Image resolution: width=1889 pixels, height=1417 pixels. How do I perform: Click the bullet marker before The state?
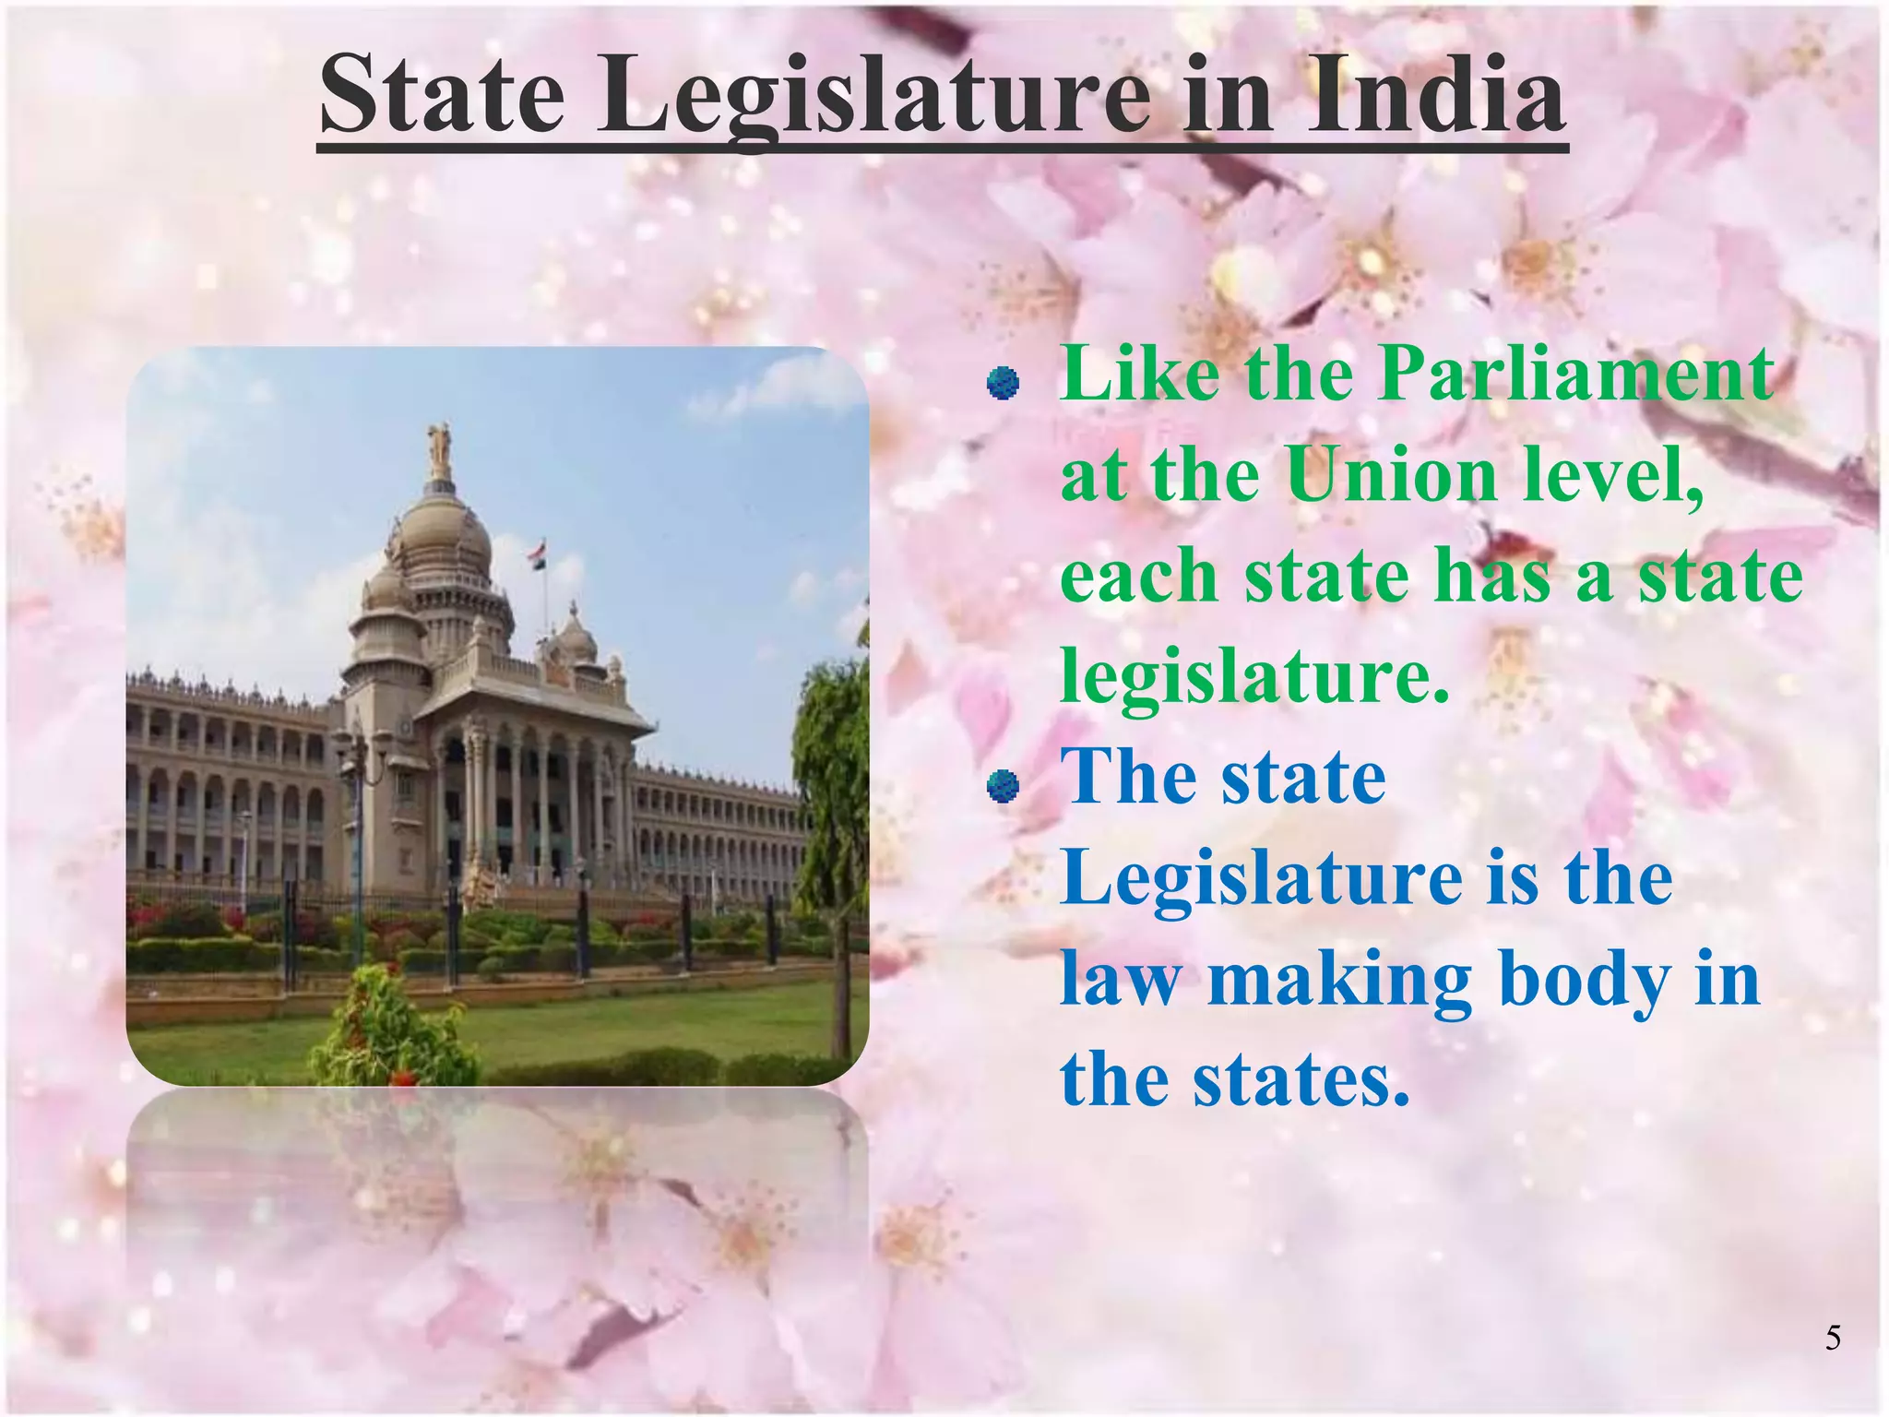(1003, 786)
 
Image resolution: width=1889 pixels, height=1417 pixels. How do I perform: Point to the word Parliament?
(1575, 375)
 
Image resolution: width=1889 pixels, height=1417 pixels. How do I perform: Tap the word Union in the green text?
(1391, 476)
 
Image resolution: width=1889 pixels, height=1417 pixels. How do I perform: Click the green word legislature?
(1254, 675)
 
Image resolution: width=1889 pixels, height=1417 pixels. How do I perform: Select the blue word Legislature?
(1262, 877)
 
